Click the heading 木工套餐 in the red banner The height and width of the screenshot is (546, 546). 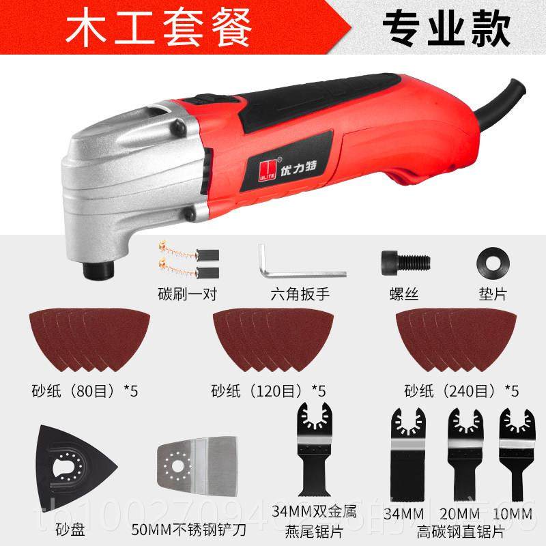pyautogui.click(x=158, y=29)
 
